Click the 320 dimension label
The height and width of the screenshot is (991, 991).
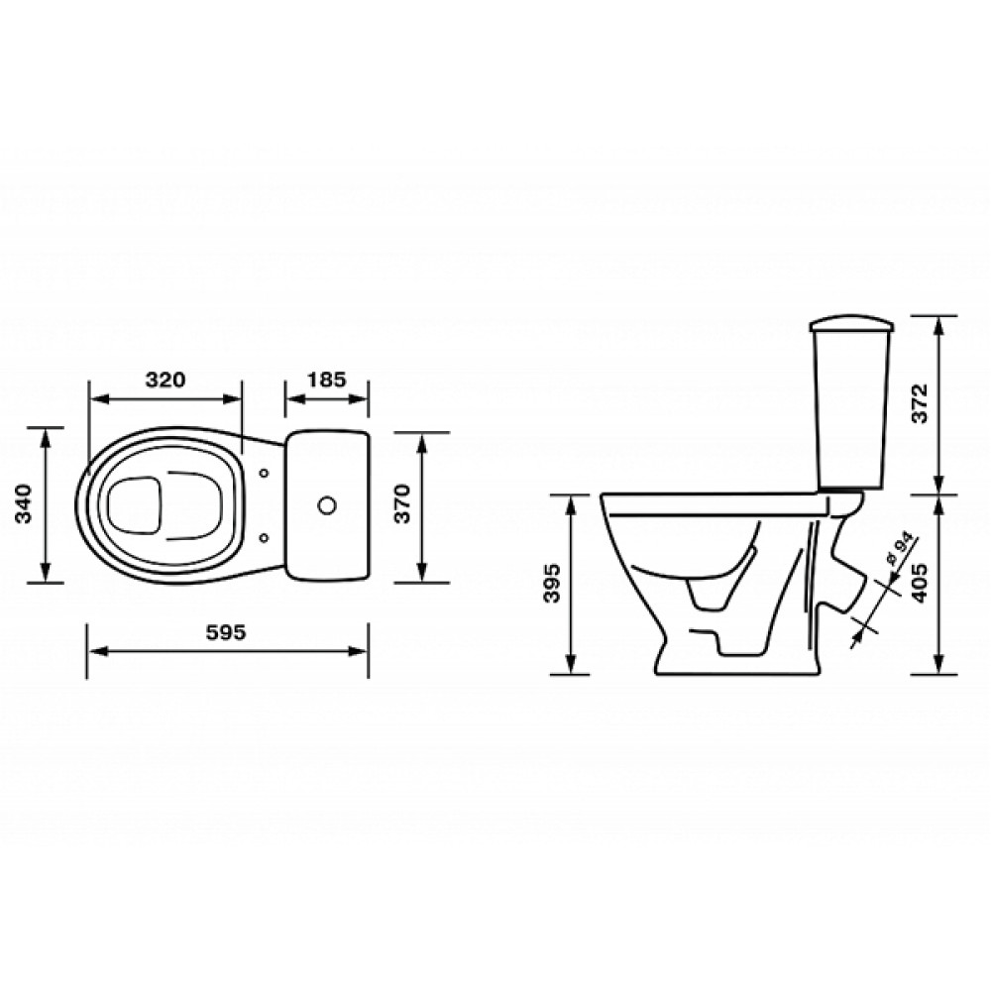[x=165, y=380]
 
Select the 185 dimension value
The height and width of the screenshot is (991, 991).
[x=327, y=380]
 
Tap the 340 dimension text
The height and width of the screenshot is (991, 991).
[x=24, y=503]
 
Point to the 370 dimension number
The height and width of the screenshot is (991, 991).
[x=402, y=503]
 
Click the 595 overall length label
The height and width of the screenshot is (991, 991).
[x=226, y=632]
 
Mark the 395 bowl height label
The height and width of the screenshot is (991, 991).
[x=552, y=583]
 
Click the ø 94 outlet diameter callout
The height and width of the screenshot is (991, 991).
[x=899, y=549]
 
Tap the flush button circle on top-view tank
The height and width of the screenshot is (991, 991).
[x=327, y=505]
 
